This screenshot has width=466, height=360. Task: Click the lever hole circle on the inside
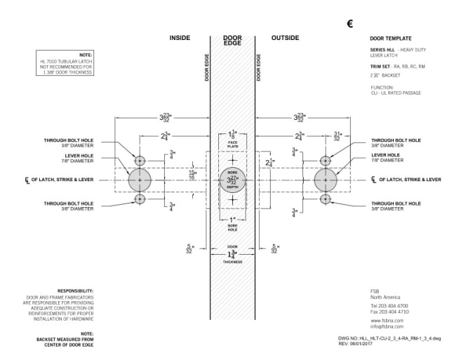(x=140, y=180)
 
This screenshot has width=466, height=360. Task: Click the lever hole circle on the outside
(x=325, y=180)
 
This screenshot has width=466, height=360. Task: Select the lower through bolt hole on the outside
(x=325, y=199)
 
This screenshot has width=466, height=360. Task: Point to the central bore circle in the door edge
(x=232, y=180)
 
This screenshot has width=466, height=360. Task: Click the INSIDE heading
(x=180, y=37)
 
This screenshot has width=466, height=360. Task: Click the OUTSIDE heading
(x=285, y=37)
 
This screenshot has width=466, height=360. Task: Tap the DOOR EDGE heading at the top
(x=232, y=41)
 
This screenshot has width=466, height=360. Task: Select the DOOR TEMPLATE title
(x=390, y=38)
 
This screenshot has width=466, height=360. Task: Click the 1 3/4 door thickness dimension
(x=232, y=255)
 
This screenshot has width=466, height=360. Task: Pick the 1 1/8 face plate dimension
(x=233, y=134)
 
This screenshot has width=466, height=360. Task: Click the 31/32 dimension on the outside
(x=338, y=135)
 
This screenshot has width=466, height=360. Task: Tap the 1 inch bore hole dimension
(x=232, y=220)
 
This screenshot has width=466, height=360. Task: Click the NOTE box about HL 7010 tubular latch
(x=67, y=62)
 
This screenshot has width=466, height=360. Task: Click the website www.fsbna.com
(x=383, y=319)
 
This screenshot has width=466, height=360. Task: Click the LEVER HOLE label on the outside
(x=385, y=154)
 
